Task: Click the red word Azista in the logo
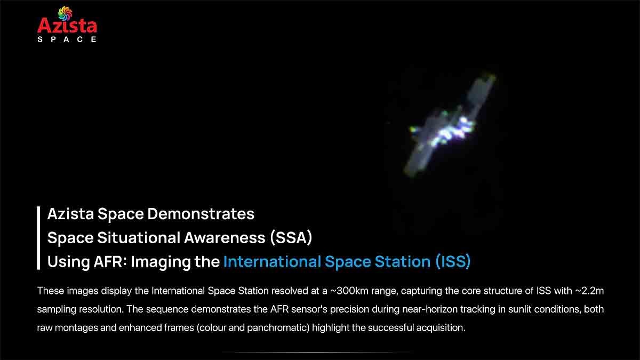67,26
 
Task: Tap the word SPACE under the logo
67,39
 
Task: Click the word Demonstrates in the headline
201,214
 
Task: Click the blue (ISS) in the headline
452,262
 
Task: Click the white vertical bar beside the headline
39,238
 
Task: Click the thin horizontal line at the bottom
316,352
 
